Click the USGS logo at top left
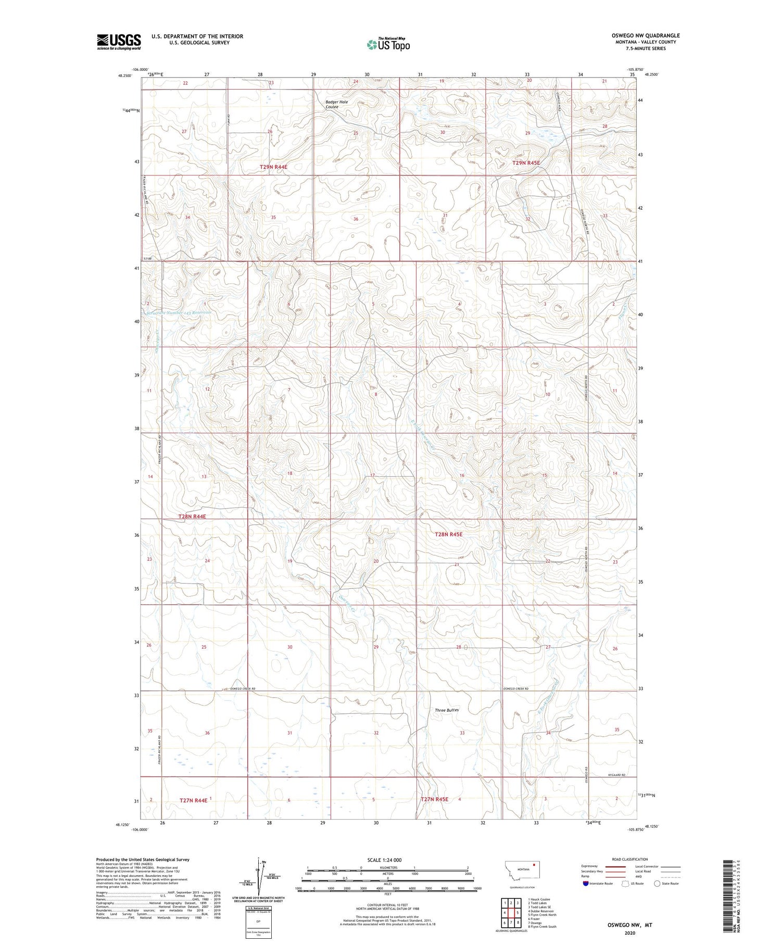[119, 41]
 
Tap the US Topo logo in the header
[388, 45]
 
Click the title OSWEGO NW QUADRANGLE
[646, 35]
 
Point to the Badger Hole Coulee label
[336, 105]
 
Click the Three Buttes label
[447, 710]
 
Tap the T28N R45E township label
[448, 534]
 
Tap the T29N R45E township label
[526, 163]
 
